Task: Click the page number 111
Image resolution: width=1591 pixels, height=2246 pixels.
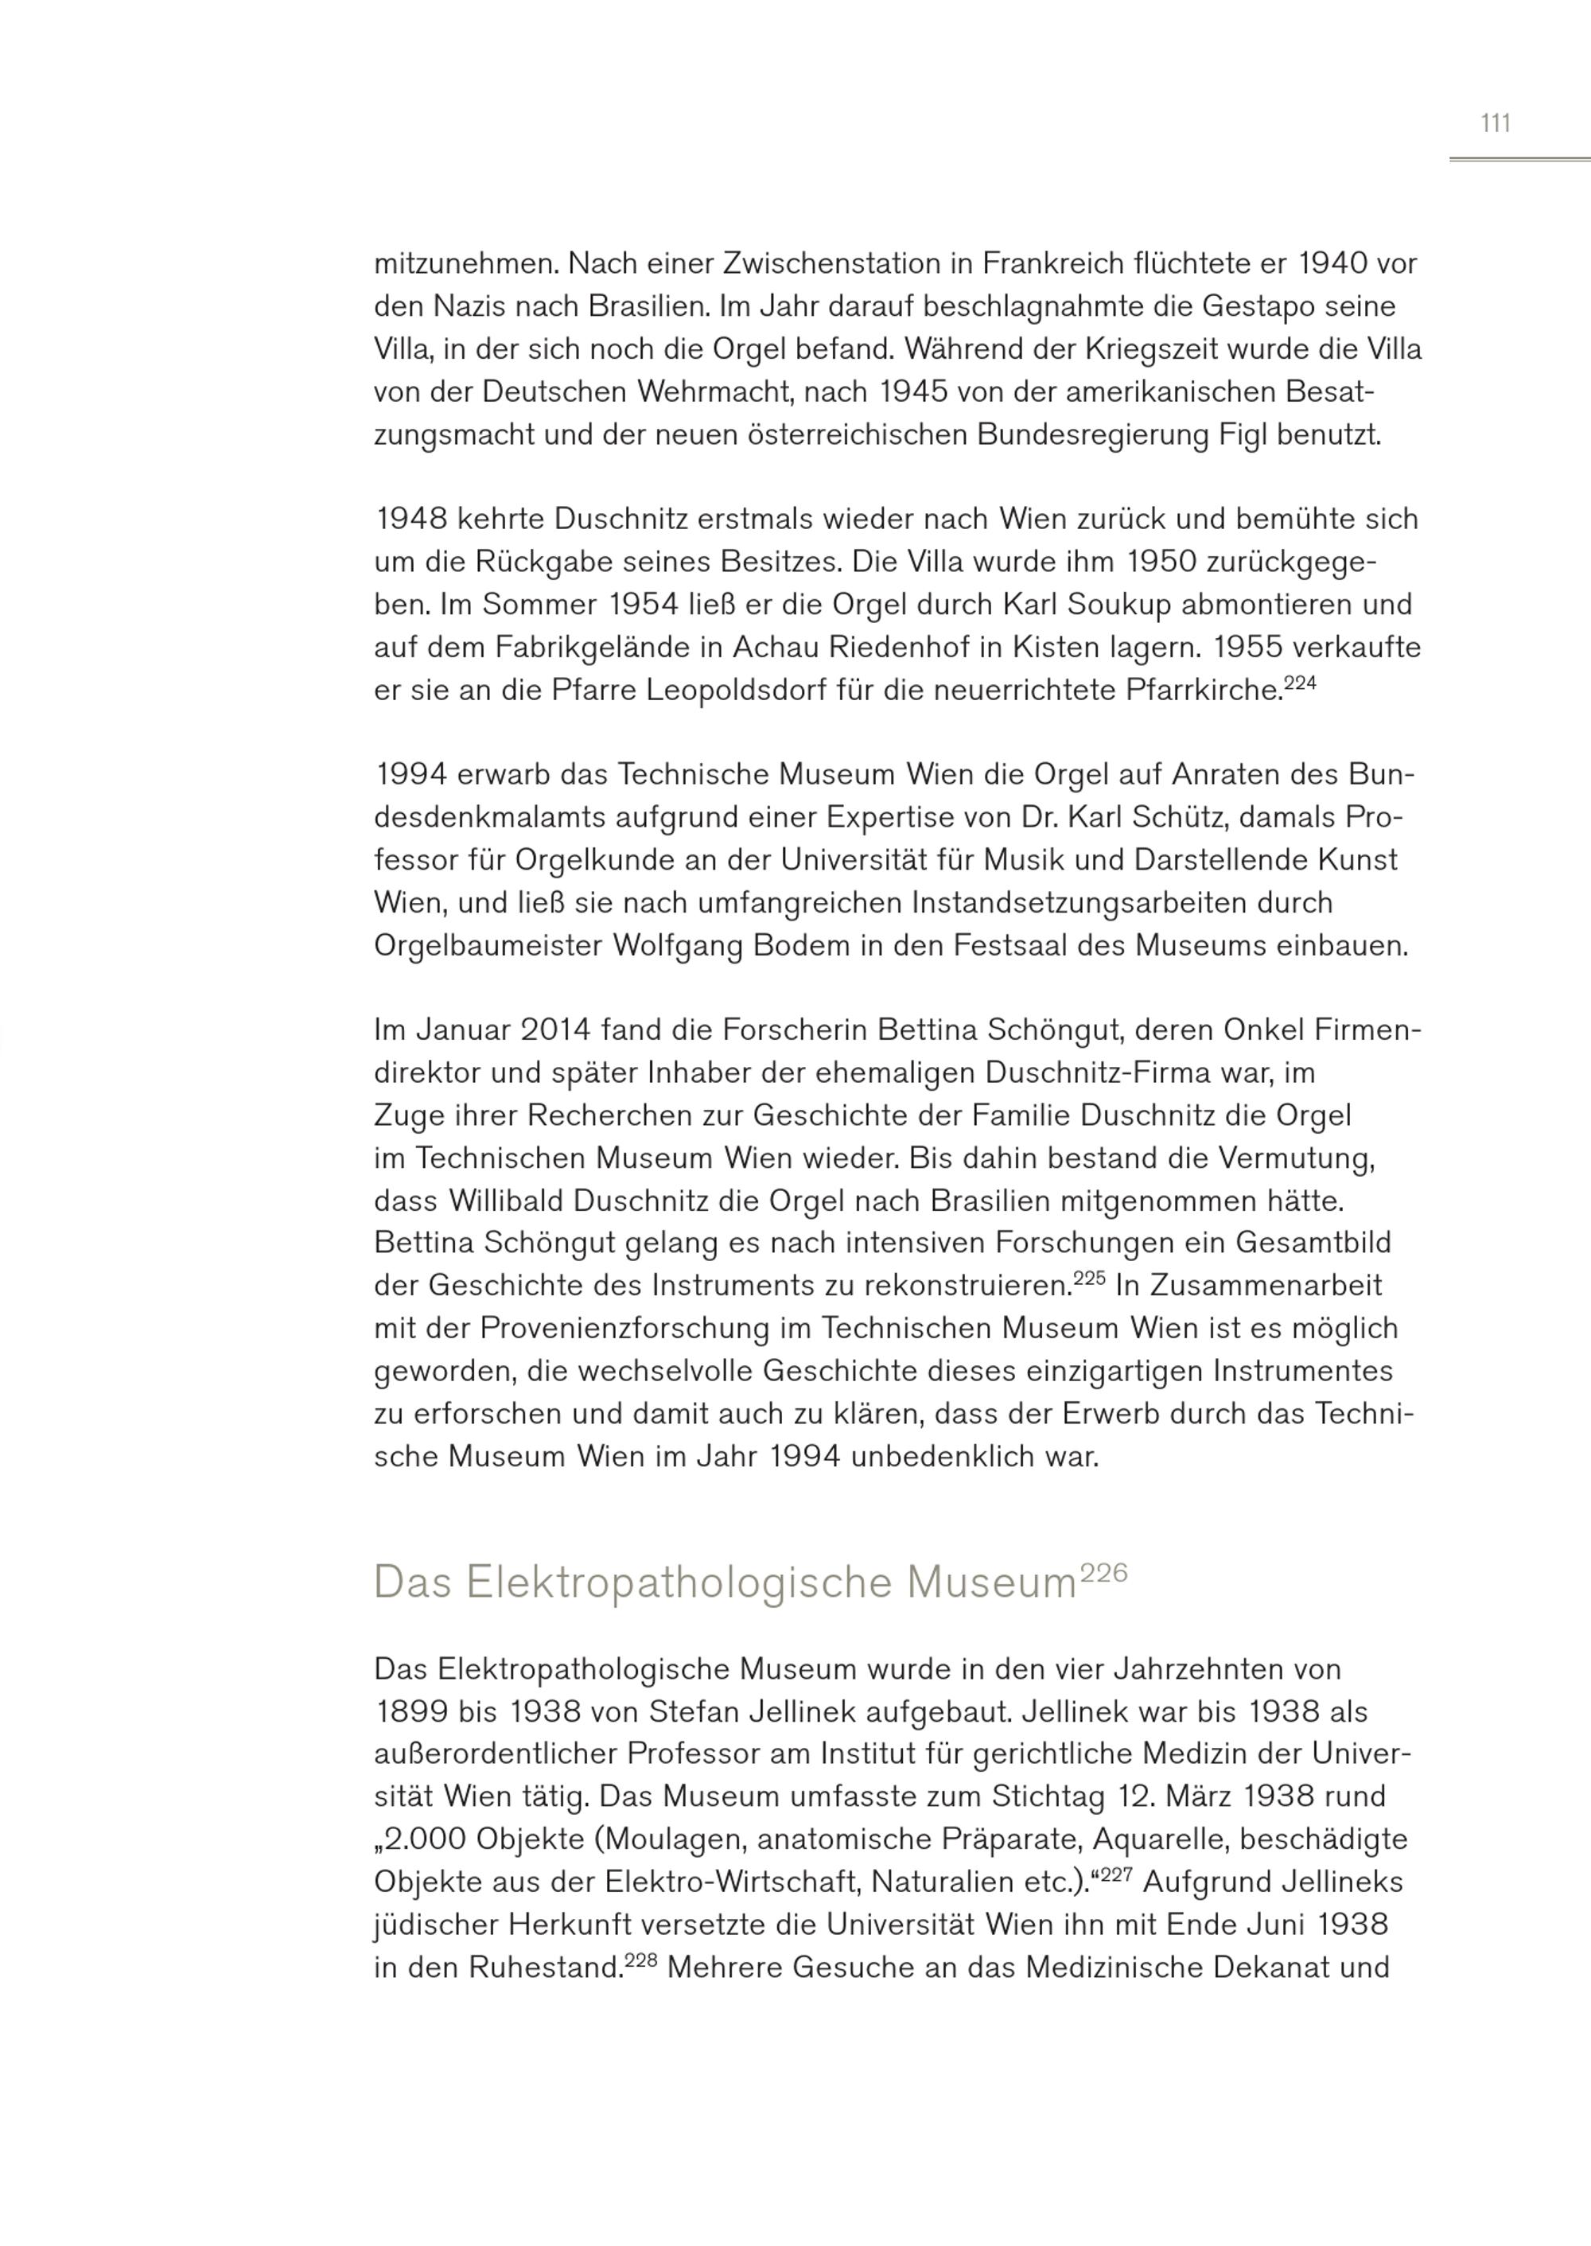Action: click(x=1495, y=123)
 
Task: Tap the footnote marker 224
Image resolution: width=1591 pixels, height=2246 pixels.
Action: click(x=1299, y=683)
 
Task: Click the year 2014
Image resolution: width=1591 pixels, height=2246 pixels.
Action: click(x=555, y=1030)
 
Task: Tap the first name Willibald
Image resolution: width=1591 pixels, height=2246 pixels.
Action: click(x=505, y=1201)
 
